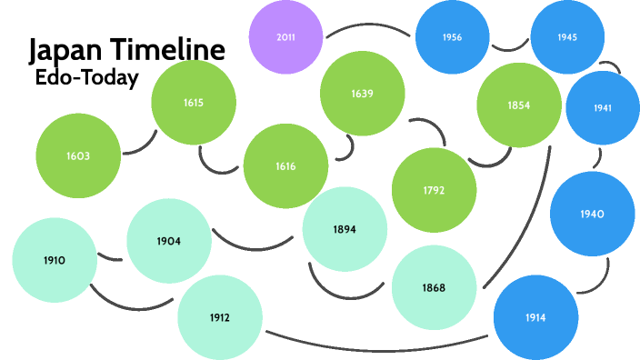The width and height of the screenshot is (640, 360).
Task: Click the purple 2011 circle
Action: coord(285,37)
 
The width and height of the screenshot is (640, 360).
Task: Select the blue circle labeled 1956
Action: coord(452,38)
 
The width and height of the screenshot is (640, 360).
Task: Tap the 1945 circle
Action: coord(568,37)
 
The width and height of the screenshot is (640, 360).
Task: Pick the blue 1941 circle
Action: coord(602,107)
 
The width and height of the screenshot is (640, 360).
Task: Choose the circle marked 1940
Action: coord(592,214)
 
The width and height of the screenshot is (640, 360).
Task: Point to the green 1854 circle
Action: coord(519,105)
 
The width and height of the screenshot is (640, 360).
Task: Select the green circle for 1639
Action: coord(362,94)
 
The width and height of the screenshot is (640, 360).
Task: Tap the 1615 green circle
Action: coord(193,102)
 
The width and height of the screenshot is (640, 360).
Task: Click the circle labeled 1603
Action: coord(78,155)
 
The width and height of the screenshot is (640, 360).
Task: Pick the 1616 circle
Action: coord(285,165)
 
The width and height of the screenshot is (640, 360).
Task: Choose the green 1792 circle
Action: coord(434,190)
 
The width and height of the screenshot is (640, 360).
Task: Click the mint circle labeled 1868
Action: coord(434,287)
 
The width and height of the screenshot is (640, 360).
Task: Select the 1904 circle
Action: coord(168,241)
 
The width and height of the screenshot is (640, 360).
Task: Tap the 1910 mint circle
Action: coord(55,260)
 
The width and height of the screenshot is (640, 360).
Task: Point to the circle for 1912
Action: coord(219,317)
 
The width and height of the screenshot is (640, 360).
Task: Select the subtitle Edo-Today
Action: coord(86,78)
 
